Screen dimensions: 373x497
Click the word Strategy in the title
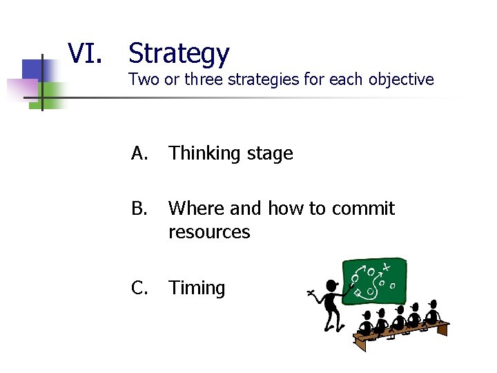(x=179, y=53)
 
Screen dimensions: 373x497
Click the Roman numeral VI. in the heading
(x=85, y=53)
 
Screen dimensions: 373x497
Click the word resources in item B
(x=209, y=232)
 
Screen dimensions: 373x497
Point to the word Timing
(x=197, y=288)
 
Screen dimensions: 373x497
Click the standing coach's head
(x=332, y=286)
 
